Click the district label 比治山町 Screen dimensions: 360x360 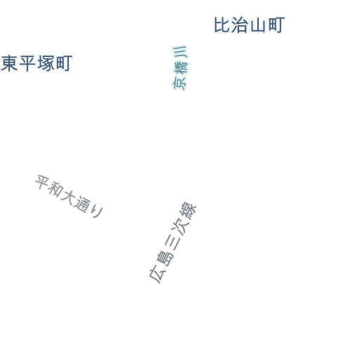(x=250, y=25)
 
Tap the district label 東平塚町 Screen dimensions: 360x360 (x=37, y=63)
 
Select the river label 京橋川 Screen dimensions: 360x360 (x=180, y=67)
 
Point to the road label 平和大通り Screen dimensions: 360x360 (x=69, y=196)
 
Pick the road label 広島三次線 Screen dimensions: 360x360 (x=173, y=243)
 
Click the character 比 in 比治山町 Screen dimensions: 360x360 (x=221, y=25)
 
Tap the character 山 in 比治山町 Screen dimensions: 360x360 (x=258, y=25)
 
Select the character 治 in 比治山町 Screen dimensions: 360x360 (x=240, y=25)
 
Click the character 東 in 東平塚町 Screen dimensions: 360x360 (x=9, y=63)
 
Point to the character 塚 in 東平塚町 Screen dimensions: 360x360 (x=46, y=63)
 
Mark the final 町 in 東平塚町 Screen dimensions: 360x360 (x=64, y=63)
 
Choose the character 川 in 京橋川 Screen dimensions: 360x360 (x=180, y=52)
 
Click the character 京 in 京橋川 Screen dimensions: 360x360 (x=179, y=84)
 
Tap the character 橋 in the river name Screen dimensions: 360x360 (x=180, y=68)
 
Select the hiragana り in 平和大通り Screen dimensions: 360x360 (x=97, y=211)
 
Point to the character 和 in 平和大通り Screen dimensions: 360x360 (x=56, y=190)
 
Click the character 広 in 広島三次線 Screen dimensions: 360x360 (x=157, y=275)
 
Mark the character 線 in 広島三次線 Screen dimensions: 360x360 (x=188, y=210)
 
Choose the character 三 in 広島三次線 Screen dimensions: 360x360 (x=172, y=243)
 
